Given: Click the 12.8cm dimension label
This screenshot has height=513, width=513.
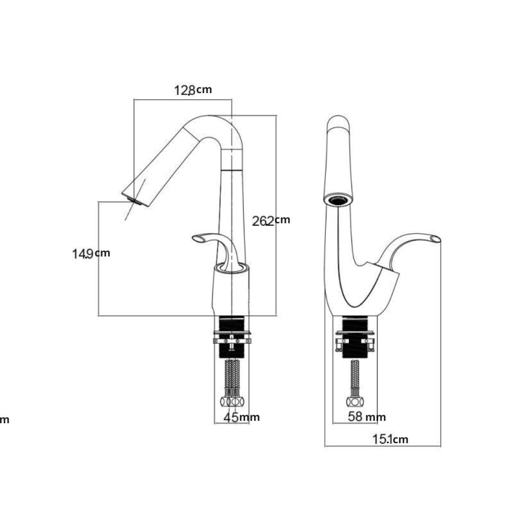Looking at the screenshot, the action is pos(193,90).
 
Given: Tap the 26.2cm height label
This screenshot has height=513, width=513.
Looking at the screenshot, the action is pos(271,221).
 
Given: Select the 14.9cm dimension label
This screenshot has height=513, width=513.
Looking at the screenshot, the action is pos(91,254).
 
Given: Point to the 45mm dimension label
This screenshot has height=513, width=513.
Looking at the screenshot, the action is pos(241,417).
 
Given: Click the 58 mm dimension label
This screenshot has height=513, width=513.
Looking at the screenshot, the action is pos(367,417).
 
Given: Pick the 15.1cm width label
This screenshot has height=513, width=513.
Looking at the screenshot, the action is pos(390,439).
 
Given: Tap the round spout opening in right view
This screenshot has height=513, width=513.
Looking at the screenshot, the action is pos(339,199).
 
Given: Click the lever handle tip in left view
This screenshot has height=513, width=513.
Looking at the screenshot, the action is pos(198,239).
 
